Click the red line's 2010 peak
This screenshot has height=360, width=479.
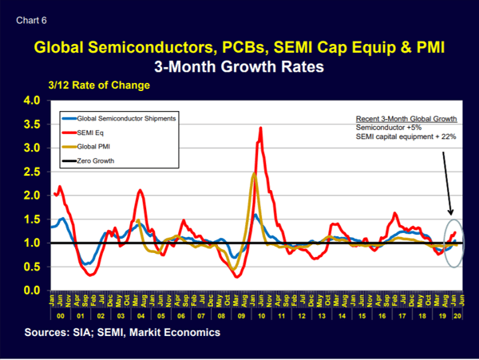click(x=260, y=128)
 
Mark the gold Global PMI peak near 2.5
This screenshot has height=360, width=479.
click(x=253, y=173)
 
